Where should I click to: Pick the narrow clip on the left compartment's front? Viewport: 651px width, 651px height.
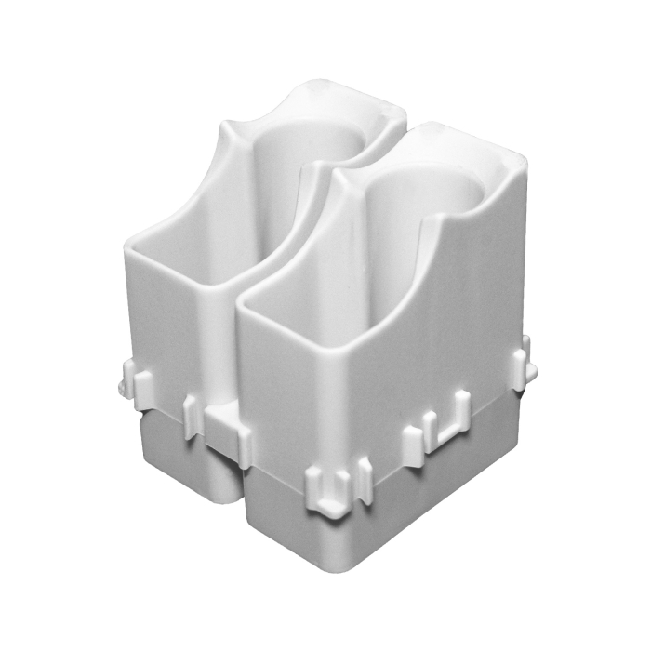pos(193,414)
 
